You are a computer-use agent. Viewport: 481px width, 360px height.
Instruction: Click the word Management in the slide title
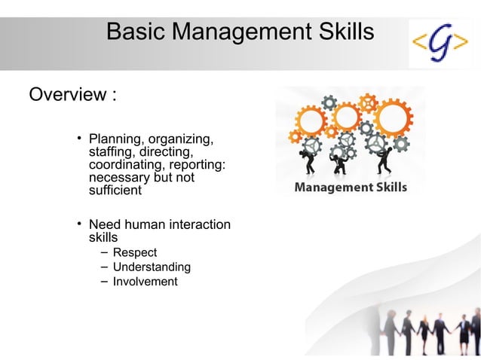click(240, 32)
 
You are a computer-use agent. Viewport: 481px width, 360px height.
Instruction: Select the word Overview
click(67, 96)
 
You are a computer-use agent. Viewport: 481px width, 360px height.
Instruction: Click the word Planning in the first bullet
click(116, 139)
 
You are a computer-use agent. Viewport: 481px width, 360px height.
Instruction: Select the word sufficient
click(115, 191)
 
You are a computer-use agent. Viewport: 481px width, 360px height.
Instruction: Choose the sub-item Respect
click(134, 252)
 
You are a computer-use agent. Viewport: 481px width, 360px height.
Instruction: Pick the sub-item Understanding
click(151, 267)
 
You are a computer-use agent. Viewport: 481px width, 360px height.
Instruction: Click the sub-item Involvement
click(145, 282)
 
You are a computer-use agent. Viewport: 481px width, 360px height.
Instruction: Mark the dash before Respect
click(103, 252)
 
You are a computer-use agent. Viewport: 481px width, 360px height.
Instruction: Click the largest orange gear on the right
click(391, 118)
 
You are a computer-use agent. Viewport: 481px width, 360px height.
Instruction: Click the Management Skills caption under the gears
click(350, 188)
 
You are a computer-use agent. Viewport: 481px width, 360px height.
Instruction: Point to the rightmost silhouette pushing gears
click(382, 160)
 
